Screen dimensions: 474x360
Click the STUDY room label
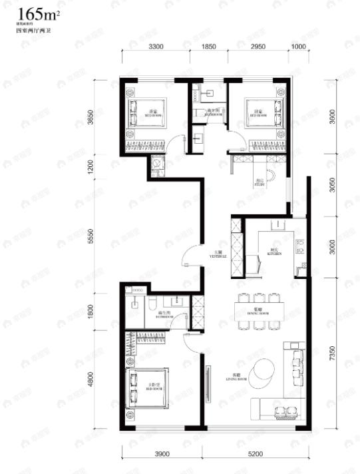tap(260, 183)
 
